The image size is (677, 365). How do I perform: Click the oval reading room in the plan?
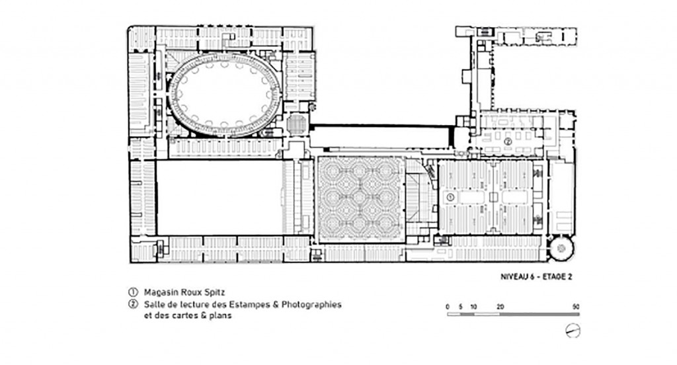pyautogui.click(x=224, y=95)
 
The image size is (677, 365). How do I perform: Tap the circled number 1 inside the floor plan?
pyautogui.click(x=450, y=198)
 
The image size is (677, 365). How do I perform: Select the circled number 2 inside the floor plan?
pyautogui.click(x=508, y=141)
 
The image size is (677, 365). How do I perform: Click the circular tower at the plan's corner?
pyautogui.click(x=561, y=248)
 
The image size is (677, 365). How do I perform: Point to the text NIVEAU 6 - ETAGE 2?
pyautogui.click(x=536, y=277)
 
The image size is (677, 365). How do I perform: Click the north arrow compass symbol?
pyautogui.click(x=573, y=331)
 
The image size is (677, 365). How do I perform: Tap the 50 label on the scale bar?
pyautogui.click(x=576, y=307)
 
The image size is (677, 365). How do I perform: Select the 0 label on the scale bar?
pyautogui.click(x=448, y=307)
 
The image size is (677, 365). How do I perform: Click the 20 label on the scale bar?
pyautogui.click(x=500, y=307)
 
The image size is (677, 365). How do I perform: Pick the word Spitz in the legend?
pyautogui.click(x=215, y=292)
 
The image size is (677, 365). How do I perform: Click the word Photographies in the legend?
pyautogui.click(x=311, y=305)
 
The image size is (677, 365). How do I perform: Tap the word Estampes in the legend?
pyautogui.click(x=249, y=305)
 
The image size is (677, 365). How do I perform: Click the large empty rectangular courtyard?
pyautogui.click(x=219, y=198)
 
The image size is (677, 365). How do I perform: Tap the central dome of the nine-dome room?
pyautogui.click(x=360, y=199)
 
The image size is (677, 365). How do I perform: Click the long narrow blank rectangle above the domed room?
pyautogui.click(x=381, y=136)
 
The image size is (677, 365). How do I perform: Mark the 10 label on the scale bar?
pyautogui.click(x=473, y=307)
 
